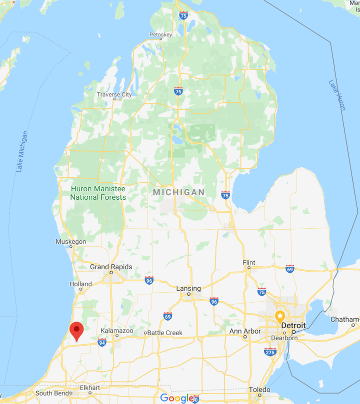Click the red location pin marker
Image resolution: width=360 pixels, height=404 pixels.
tap(76, 331)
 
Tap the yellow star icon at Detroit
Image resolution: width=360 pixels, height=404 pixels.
tap(280, 316)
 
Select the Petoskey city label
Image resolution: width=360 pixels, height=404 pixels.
tap(160, 34)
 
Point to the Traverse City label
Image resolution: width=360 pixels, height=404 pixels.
tap(114, 94)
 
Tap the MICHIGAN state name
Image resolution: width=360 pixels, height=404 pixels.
tap(178, 192)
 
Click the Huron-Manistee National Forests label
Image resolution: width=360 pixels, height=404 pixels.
tap(98, 193)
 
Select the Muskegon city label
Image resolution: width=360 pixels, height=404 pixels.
tap(71, 242)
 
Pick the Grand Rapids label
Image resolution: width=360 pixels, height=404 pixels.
tap(111, 267)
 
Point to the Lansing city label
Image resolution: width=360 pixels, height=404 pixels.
tap(188, 289)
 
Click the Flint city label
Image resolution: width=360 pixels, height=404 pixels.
tap(248, 263)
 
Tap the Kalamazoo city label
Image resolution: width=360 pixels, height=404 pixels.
tap(116, 331)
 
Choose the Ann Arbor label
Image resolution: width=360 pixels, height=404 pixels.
tap(245, 331)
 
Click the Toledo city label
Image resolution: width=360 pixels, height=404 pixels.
tap(260, 390)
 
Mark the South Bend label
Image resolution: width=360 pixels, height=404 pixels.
tap(51, 393)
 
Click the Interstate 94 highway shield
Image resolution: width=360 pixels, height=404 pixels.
tap(102, 342)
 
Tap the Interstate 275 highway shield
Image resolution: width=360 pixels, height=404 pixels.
tap(270, 352)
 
